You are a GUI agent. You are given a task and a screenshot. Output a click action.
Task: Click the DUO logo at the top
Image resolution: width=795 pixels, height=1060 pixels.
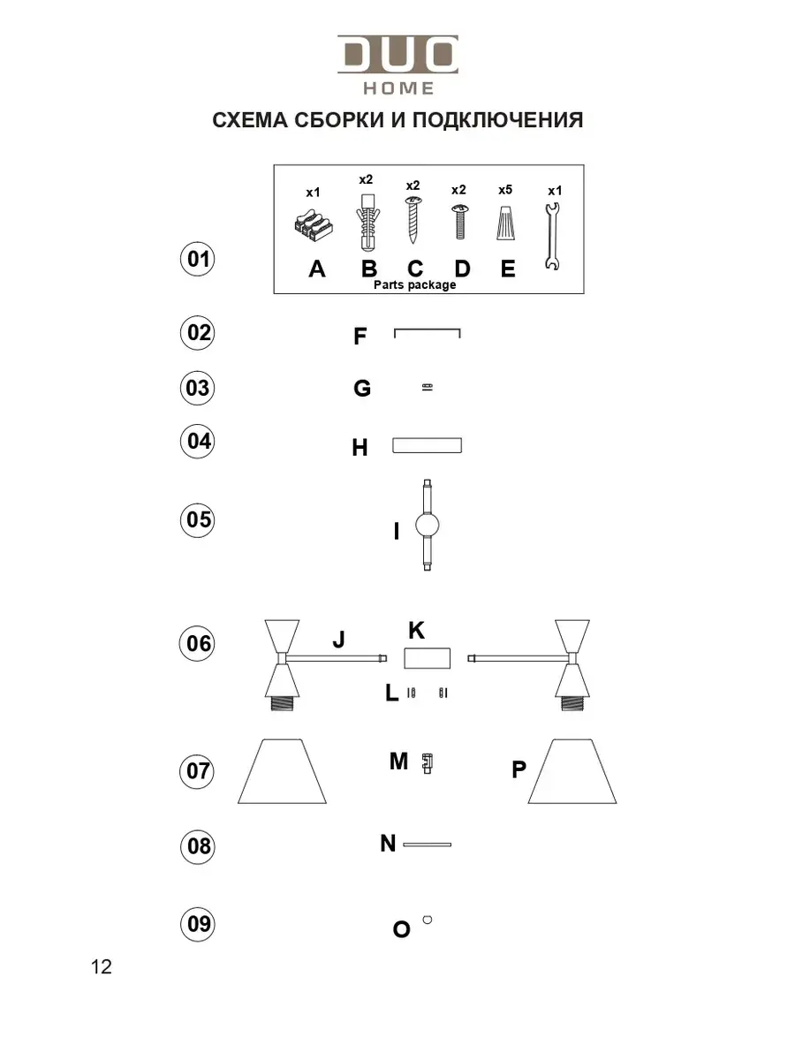tap(397, 55)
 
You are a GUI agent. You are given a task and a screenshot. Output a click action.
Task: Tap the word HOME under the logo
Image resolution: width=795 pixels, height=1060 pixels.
tap(399, 88)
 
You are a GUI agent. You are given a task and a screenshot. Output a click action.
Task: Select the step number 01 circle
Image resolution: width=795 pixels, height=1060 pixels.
tap(199, 260)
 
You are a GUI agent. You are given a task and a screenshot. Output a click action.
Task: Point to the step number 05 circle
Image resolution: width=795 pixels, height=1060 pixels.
tap(199, 519)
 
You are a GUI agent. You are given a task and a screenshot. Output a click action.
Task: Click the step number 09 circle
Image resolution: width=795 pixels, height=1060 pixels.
tap(199, 924)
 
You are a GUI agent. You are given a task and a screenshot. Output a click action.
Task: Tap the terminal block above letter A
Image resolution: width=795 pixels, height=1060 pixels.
tap(313, 228)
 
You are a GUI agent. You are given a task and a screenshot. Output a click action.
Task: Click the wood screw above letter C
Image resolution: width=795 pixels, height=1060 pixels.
tap(413, 221)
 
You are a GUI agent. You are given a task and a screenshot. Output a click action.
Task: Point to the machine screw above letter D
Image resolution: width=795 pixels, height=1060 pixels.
tap(459, 222)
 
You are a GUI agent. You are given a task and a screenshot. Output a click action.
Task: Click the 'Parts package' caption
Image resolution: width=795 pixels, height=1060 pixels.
tap(415, 285)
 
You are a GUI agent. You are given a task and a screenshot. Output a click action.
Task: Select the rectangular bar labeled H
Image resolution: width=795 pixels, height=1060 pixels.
tap(428, 445)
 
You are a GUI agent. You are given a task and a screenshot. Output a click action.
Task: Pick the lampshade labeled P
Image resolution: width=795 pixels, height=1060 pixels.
tap(572, 771)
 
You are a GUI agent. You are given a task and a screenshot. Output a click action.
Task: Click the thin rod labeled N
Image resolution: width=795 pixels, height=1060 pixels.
tap(428, 845)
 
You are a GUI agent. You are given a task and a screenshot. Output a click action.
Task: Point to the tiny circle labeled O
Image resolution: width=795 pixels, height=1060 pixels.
tap(428, 920)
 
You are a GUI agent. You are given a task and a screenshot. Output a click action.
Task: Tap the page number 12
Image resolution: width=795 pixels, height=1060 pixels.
tap(102, 967)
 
